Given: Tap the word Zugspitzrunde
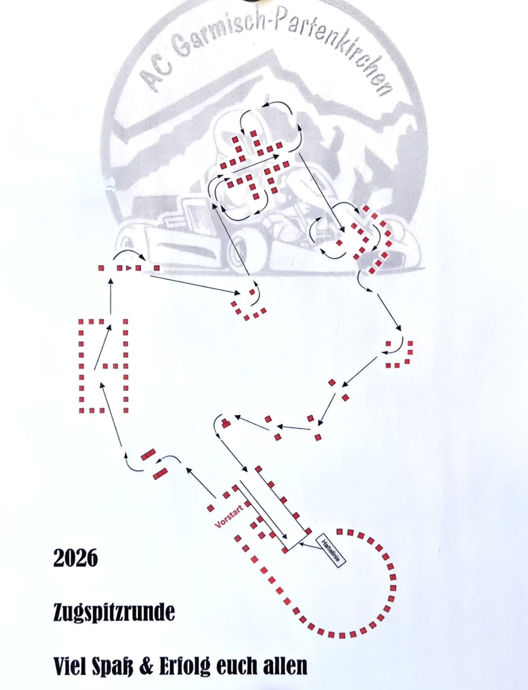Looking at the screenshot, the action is pyautogui.click(x=114, y=613).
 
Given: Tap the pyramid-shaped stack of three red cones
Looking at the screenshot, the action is pyautogui.click(x=226, y=423).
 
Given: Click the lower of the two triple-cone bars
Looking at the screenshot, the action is pyautogui.click(x=160, y=474).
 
